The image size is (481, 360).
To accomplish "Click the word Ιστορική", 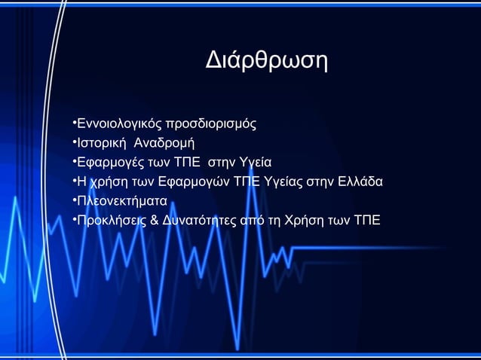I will click(101, 142).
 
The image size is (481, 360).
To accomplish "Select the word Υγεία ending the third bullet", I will click(254, 162).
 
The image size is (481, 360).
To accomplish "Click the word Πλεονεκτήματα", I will click(121, 201).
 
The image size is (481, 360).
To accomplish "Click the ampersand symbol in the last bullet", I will click(155, 221).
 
